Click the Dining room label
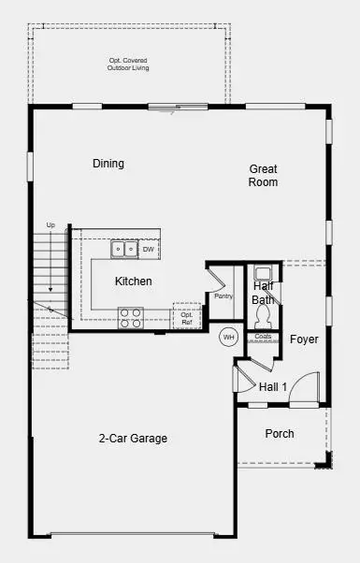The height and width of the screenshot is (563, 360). pos(108,164)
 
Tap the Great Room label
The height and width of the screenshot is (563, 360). pos(263,176)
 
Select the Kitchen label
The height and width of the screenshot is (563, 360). pos(134,281)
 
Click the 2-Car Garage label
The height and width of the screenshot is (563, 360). pos(134,438)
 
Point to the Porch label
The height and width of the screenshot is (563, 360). pos(280,434)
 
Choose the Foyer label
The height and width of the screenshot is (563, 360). pos(304,339)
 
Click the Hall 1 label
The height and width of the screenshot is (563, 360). pos(273,386)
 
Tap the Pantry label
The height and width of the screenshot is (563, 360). pos(223,296)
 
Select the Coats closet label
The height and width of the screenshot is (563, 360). pos(263,337)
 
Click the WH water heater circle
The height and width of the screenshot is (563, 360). pos(227,337)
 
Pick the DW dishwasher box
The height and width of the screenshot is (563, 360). pos(149,250)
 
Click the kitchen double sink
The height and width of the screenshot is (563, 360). pos(123,250)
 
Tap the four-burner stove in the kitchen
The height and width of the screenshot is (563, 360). pos(130,318)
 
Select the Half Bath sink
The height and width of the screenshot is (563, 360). pos(263,274)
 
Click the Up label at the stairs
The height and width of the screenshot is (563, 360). pos(50,225)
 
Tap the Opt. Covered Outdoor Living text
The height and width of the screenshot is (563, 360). pos(128,65)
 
